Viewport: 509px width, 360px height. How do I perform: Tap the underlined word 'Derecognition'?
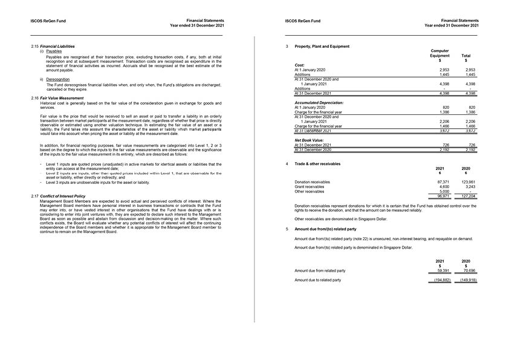[x=58, y=79]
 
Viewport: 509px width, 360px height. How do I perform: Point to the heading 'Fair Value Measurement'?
[x=62, y=98]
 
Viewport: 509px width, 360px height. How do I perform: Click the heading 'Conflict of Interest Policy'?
[x=62, y=196]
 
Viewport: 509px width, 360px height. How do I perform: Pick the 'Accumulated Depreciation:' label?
[x=317, y=103]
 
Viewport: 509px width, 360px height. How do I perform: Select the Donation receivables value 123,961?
[x=467, y=182]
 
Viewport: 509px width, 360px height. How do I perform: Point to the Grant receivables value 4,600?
[x=444, y=187]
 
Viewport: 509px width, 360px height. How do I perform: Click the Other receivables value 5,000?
[x=444, y=192]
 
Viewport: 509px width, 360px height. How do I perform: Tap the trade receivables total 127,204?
[x=467, y=197]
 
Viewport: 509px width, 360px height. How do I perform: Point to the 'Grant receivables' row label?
[x=309, y=187]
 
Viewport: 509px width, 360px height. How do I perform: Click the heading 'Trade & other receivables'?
[x=317, y=164]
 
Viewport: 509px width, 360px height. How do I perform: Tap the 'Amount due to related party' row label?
[x=317, y=280]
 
